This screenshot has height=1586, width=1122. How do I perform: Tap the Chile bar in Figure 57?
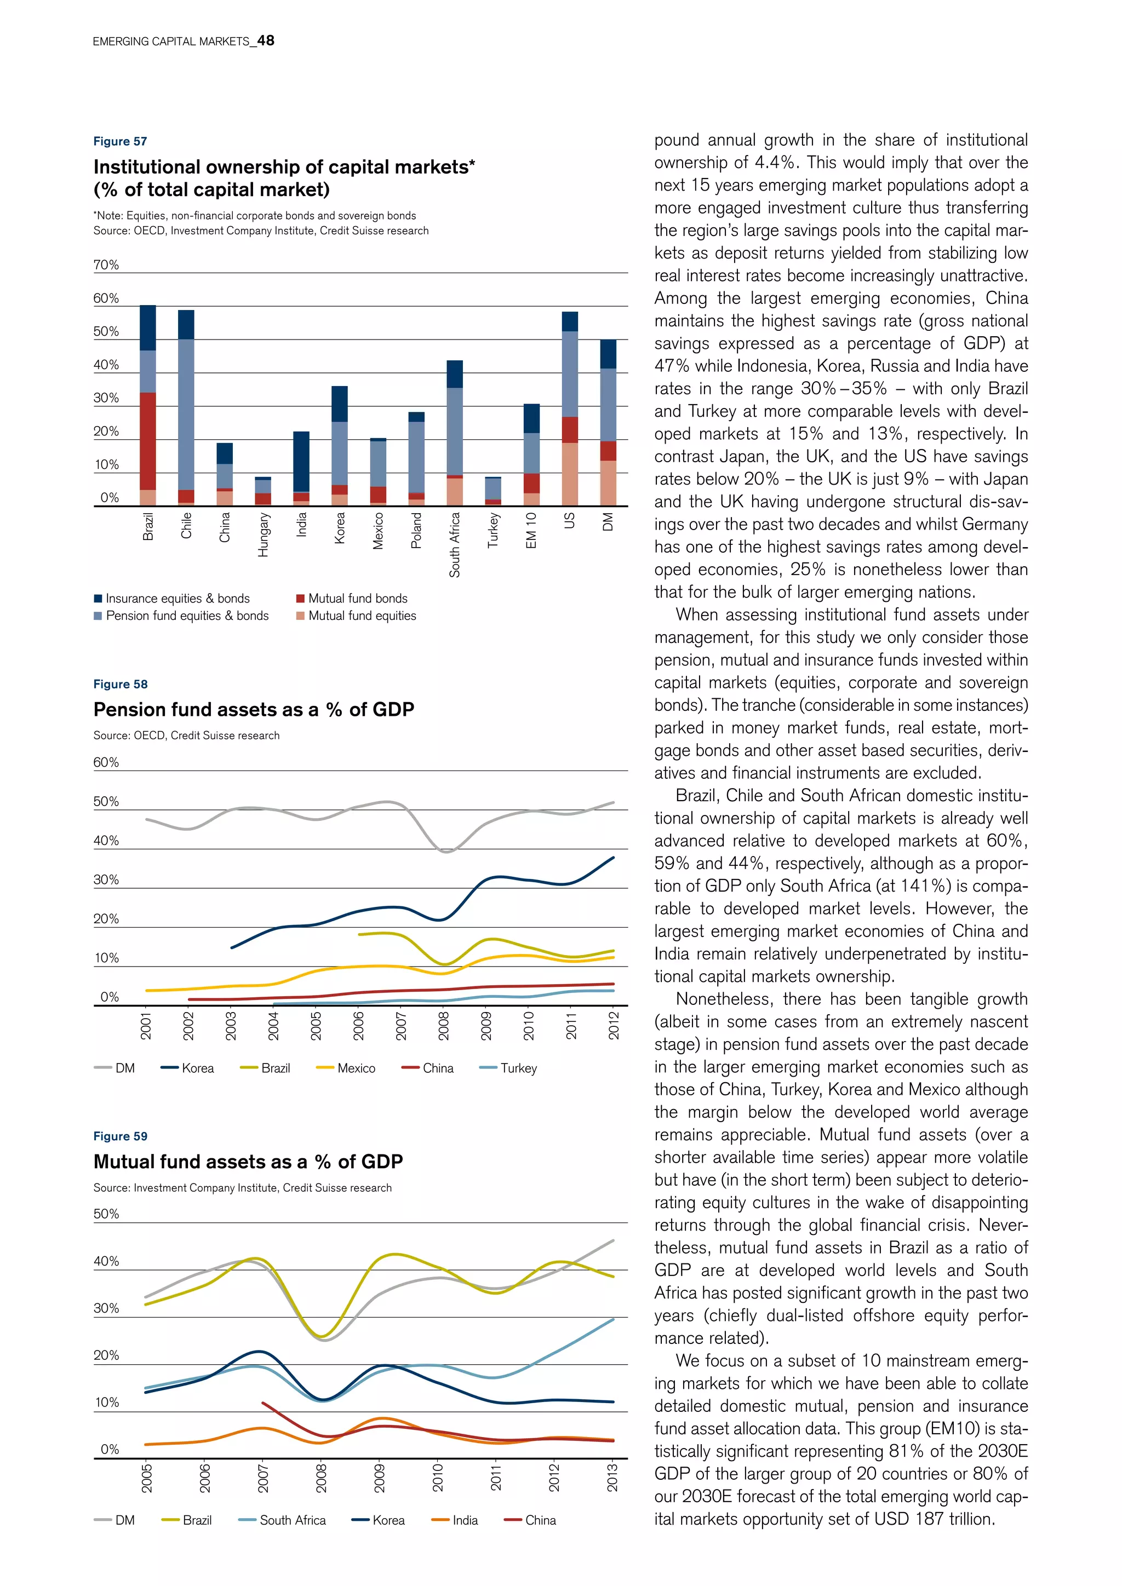186,407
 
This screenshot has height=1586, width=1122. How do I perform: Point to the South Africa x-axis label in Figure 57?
455,544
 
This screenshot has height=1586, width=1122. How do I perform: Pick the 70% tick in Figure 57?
106,265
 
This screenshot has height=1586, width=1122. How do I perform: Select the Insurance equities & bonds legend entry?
177,598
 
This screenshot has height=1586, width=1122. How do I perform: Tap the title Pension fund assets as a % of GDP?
254,709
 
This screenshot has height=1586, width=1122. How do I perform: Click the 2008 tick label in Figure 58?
444,1025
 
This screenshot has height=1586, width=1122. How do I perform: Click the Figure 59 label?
120,1136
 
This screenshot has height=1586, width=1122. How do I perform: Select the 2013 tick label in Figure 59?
612,1477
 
